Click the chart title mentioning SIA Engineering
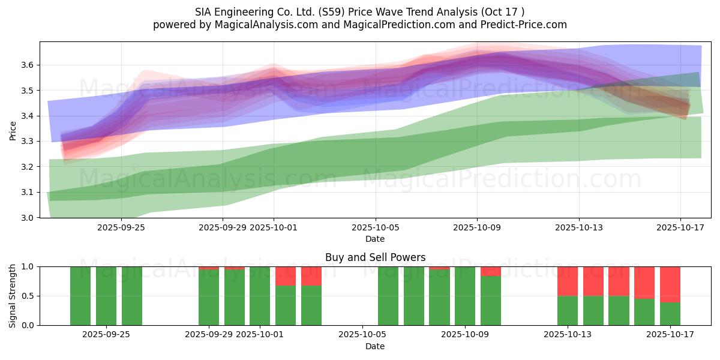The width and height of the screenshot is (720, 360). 360,12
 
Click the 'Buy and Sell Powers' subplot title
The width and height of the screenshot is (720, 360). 375,257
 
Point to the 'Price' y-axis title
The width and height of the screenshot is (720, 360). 13,130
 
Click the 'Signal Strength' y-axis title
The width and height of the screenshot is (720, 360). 13,295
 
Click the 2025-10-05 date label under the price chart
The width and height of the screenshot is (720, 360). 376,228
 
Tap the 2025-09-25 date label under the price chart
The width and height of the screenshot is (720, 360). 121,228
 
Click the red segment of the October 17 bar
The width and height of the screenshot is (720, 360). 670,284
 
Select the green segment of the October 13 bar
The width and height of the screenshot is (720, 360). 568,310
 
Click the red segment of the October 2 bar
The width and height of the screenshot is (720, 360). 286,276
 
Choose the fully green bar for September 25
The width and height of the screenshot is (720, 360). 132,296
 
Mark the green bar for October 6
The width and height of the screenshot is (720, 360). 388,296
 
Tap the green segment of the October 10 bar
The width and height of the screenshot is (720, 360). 491,301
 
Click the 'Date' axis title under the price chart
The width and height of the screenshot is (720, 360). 375,239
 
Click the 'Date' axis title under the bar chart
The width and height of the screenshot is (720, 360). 375,346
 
